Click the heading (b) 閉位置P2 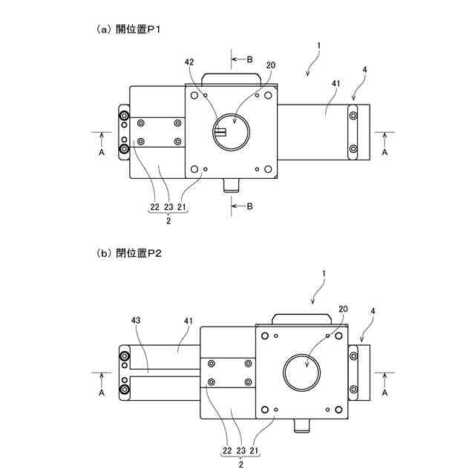[x=129, y=253]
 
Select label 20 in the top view [x=270, y=65]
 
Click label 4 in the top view [x=364, y=71]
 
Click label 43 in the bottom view [x=137, y=321]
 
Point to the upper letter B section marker [x=249, y=57]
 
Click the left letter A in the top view [x=102, y=151]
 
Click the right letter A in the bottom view [x=384, y=394]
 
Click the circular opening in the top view [x=231, y=131]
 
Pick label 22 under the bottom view [x=226, y=450]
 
